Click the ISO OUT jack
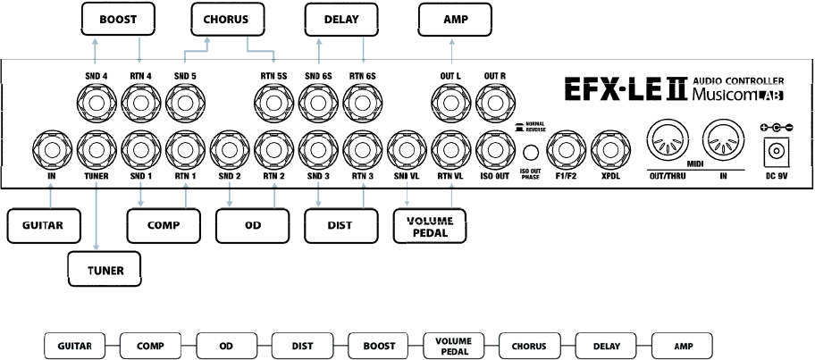point(493,147)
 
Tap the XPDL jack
point(609,147)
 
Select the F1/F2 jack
point(565,147)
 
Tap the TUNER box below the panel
point(105,267)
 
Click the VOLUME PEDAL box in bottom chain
point(454,345)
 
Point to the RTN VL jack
point(450,147)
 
